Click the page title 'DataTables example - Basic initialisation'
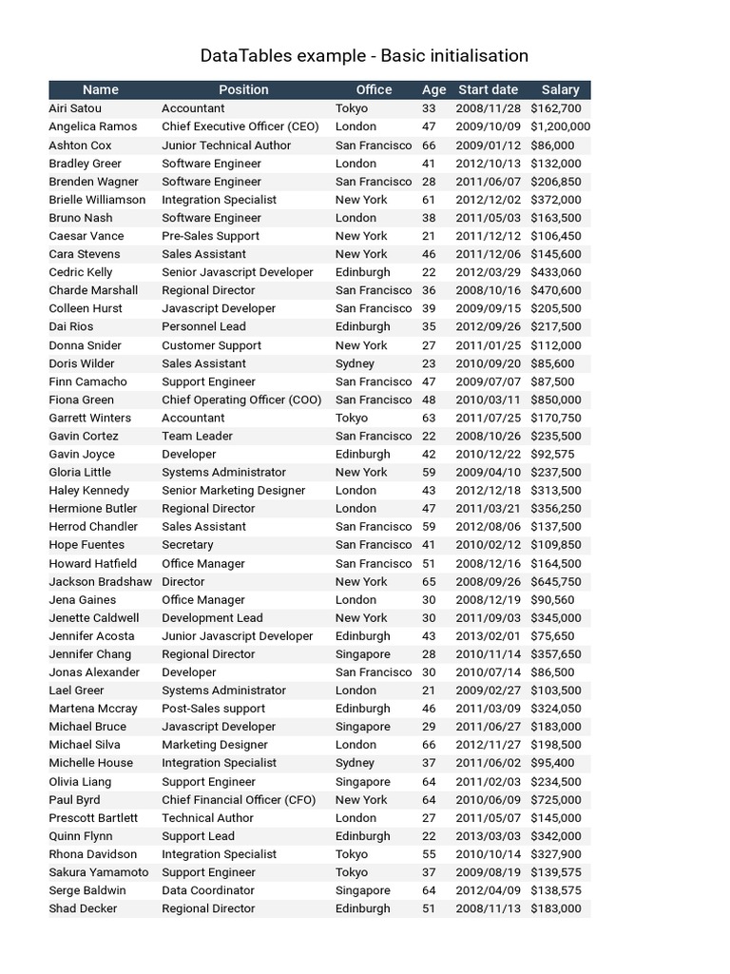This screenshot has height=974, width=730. pyautogui.click(x=364, y=56)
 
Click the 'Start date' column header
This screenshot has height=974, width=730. pyautogui.click(x=489, y=89)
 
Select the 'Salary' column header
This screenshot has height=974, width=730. pyautogui.click(x=560, y=89)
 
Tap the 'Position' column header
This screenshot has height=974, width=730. pyautogui.click(x=243, y=89)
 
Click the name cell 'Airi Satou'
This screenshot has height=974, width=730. pyautogui.click(x=75, y=108)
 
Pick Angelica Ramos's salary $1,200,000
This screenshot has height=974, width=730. pyautogui.click(x=560, y=127)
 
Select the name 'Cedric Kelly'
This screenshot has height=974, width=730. pyautogui.click(x=81, y=272)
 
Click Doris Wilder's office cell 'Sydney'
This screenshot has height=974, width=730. pyautogui.click(x=355, y=363)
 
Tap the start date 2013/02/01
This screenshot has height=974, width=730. pyautogui.click(x=489, y=636)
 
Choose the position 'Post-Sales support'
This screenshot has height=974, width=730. pyautogui.click(x=213, y=709)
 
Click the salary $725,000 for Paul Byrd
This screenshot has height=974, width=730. pyautogui.click(x=556, y=800)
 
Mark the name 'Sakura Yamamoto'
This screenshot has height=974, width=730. pyautogui.click(x=99, y=872)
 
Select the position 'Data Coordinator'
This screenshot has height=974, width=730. pyautogui.click(x=208, y=890)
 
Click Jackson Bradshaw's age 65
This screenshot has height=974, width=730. pyautogui.click(x=429, y=581)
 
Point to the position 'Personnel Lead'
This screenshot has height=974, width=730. pyautogui.click(x=203, y=326)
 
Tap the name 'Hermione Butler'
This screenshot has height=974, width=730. pyautogui.click(x=93, y=508)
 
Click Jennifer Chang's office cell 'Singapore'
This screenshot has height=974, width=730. pyautogui.click(x=362, y=654)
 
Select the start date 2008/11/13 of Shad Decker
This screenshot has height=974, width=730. pyautogui.click(x=489, y=908)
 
